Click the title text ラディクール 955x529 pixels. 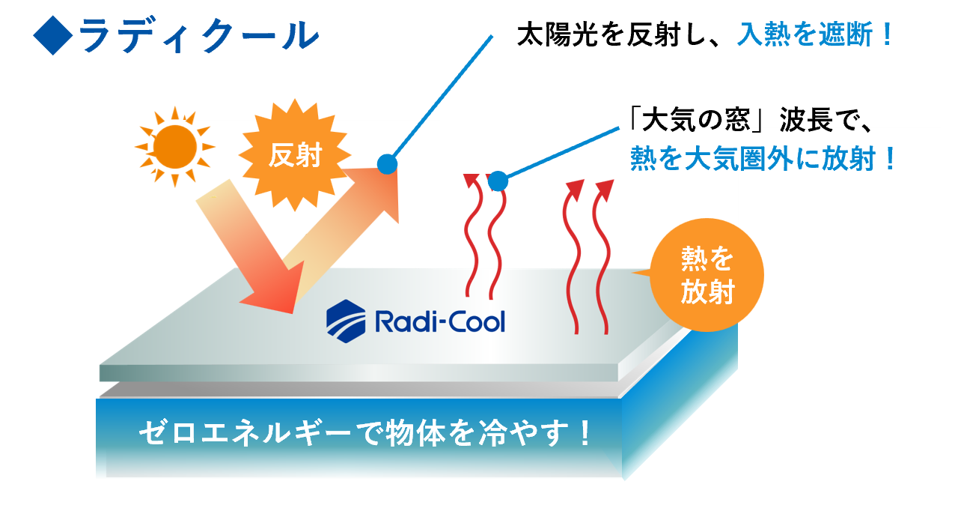[x=198, y=35]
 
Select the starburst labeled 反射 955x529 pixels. [x=295, y=156]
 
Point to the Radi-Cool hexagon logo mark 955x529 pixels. [x=346, y=321]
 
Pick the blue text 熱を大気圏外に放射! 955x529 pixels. [x=763, y=159]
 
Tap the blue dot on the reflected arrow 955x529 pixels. [x=387, y=163]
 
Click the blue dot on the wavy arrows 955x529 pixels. [x=498, y=181]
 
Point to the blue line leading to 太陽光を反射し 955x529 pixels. [x=442, y=97]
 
